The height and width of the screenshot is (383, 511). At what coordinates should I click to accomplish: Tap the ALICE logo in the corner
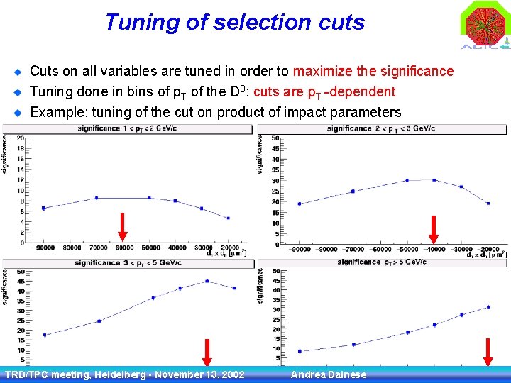click(x=486, y=26)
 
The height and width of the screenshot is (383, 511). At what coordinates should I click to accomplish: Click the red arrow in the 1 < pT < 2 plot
click(x=122, y=226)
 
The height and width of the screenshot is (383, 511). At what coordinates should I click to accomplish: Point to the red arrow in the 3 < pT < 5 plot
click(x=207, y=353)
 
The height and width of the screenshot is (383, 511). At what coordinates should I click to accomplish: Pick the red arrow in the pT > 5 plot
click(x=488, y=353)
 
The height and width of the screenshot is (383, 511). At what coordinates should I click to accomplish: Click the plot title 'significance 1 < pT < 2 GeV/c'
click(x=131, y=128)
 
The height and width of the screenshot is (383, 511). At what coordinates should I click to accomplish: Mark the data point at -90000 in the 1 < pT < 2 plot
click(x=43, y=208)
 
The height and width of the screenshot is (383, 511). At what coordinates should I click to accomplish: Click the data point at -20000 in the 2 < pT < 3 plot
click(x=488, y=204)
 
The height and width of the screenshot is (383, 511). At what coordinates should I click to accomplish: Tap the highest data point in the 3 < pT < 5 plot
click(x=207, y=281)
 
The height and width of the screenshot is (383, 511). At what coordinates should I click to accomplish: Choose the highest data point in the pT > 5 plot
click(x=488, y=307)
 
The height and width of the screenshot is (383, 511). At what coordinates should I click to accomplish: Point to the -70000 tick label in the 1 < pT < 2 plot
click(x=96, y=248)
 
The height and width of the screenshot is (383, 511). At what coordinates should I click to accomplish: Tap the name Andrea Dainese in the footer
click(x=329, y=374)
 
